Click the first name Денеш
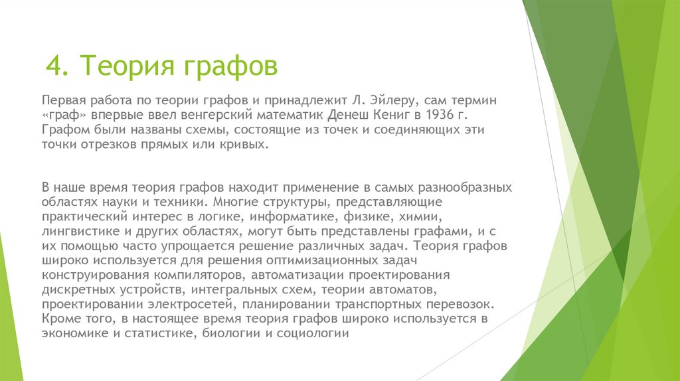[337, 115]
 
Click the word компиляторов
[203, 275]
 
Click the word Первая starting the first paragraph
[63, 100]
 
